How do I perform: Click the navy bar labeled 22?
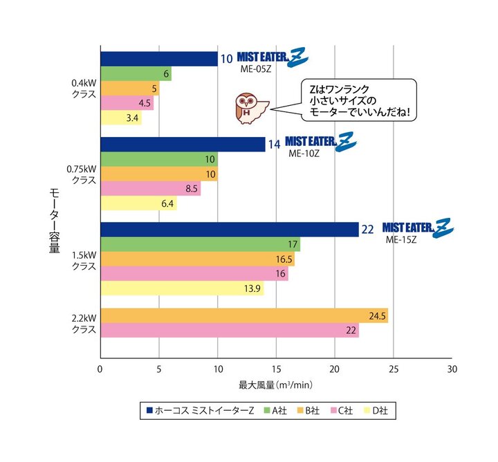pyautogui.click(x=230, y=229)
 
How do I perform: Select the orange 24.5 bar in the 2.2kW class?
pyautogui.click(x=244, y=315)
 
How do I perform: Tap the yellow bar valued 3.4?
pyautogui.click(x=121, y=118)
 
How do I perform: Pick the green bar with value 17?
pyautogui.click(x=201, y=244)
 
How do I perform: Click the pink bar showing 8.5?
pyautogui.click(x=151, y=188)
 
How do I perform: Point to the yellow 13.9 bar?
pyautogui.click(x=182, y=288)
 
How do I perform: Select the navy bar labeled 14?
pyautogui.click(x=183, y=144)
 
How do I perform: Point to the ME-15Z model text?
pyautogui.click(x=400, y=240)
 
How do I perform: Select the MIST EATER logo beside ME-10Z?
pyautogui.click(x=320, y=142)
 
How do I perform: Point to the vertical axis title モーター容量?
pyautogui.click(x=54, y=220)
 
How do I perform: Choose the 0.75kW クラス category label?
pyautogui.click(x=80, y=173)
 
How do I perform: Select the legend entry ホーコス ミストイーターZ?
pyautogui.click(x=200, y=411)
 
